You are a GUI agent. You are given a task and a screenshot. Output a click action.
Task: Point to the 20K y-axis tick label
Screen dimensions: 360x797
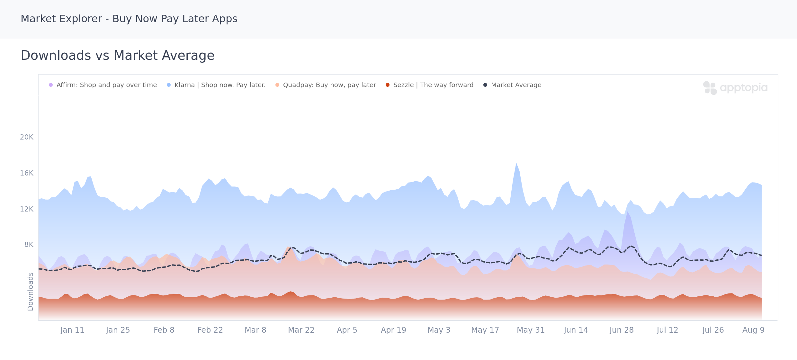[x=27, y=137]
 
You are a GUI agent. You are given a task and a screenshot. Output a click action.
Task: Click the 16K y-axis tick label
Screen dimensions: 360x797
[x=27, y=173]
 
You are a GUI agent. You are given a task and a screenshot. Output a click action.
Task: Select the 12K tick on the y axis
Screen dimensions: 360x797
[x=27, y=209]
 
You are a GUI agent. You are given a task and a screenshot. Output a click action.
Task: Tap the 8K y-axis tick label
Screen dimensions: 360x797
[x=29, y=245]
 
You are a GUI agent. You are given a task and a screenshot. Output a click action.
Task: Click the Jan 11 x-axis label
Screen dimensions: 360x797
[x=72, y=330]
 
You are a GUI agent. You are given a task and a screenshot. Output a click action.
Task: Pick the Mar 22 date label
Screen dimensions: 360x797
[x=301, y=330]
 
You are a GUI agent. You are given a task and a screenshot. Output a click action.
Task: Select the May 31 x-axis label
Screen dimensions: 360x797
[x=531, y=330]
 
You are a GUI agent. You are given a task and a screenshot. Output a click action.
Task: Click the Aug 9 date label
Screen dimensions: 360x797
[x=753, y=330]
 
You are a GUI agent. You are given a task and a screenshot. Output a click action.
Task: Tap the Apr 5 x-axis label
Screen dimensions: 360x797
[x=347, y=330]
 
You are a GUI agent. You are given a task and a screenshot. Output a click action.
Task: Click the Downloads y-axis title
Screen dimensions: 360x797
[x=31, y=292]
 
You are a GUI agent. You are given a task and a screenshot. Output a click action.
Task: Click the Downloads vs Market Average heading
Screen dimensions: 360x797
[x=118, y=56]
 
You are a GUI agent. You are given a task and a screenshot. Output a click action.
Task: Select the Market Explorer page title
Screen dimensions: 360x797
[x=129, y=19]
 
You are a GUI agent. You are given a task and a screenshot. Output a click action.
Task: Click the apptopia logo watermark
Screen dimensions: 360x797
[x=735, y=88]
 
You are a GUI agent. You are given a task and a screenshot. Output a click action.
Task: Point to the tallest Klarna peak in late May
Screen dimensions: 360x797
[x=516, y=163]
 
